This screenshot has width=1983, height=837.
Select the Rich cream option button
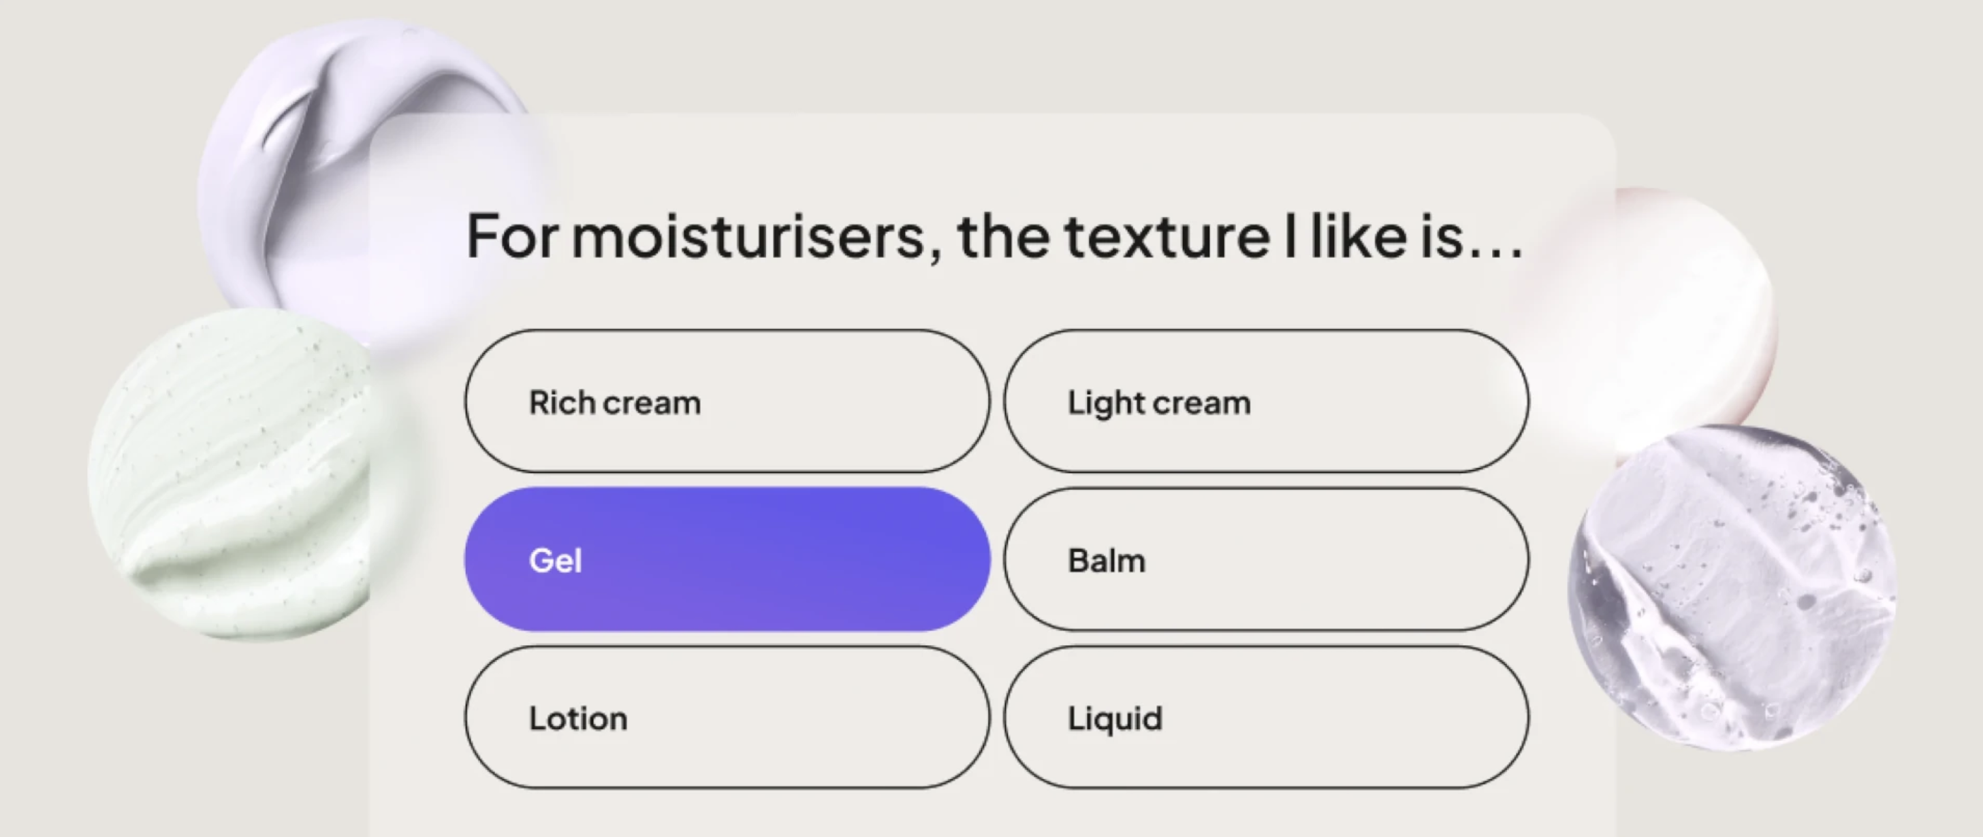[x=727, y=401]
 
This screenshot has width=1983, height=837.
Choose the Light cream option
[x=1267, y=401]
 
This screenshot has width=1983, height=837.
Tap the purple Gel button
[x=727, y=559]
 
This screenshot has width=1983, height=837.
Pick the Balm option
[x=1267, y=559]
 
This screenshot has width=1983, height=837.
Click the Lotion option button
[x=727, y=717]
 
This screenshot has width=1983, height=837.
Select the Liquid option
[x=1267, y=717]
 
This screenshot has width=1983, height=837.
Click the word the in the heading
[x=1002, y=236]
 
